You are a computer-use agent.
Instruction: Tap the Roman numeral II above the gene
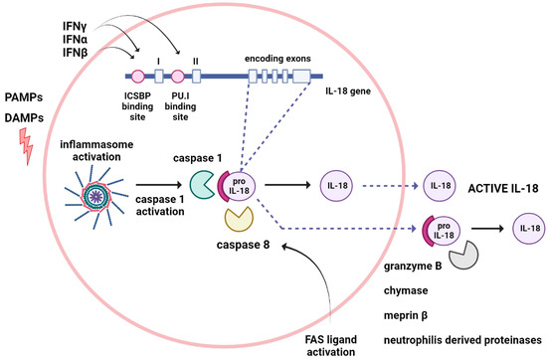coord(196,61)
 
